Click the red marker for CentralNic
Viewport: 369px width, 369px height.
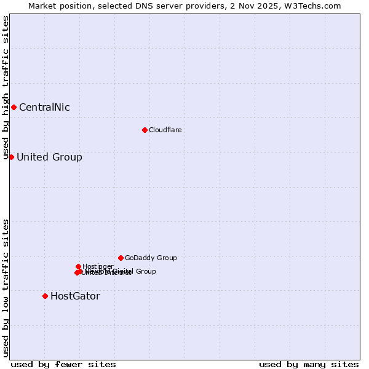[x=14, y=108]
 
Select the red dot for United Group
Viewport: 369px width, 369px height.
[x=11, y=157]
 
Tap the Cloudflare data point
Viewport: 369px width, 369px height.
[x=145, y=130]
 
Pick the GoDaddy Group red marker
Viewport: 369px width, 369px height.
[x=121, y=258]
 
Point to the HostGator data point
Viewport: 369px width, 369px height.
[x=45, y=296]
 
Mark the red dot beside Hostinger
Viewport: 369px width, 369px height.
[x=78, y=266]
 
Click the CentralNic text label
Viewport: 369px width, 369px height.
[x=44, y=108]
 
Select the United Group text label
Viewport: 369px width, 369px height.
[x=49, y=157]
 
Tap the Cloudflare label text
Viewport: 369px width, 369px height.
[x=165, y=130]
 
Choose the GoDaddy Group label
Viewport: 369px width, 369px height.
[x=151, y=258]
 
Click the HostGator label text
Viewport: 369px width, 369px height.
[x=75, y=296]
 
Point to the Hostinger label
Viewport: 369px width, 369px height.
[x=98, y=266]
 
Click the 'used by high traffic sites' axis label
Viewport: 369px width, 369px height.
[x=6, y=88]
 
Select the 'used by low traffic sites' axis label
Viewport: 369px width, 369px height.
[x=6, y=288]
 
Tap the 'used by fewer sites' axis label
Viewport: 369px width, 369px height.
[x=63, y=364]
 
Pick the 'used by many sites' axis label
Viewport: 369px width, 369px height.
[x=309, y=364]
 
